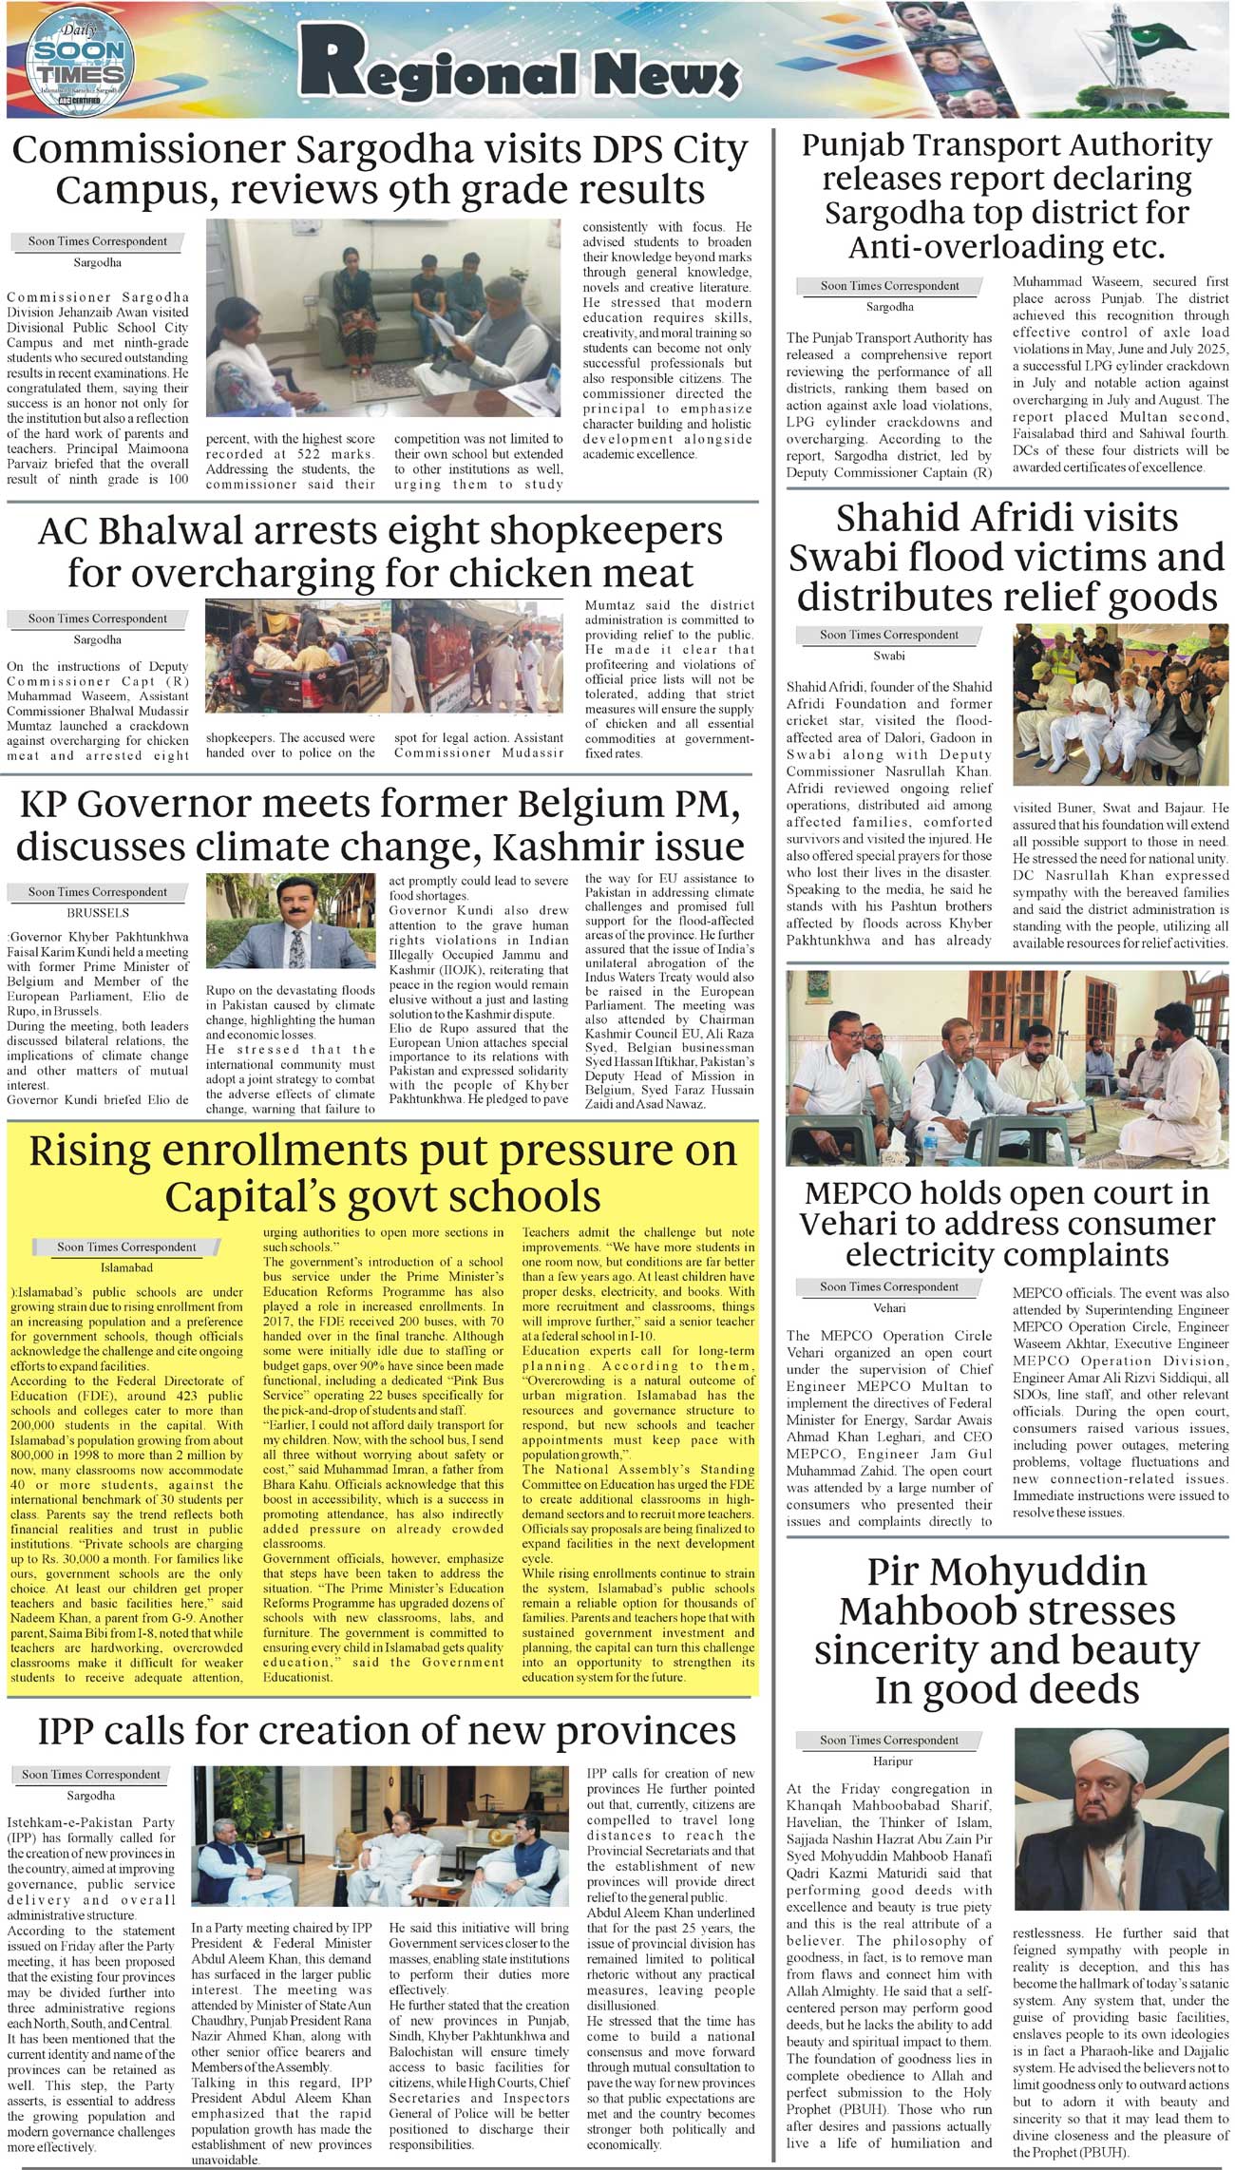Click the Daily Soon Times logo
78,63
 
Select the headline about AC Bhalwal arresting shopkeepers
380,552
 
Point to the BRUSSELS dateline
98,913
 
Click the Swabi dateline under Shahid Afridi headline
889,656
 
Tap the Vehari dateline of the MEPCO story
889,1307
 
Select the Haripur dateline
889,1761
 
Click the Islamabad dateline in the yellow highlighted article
126,1267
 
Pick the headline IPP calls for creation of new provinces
387,1731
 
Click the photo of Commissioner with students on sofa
383,318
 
